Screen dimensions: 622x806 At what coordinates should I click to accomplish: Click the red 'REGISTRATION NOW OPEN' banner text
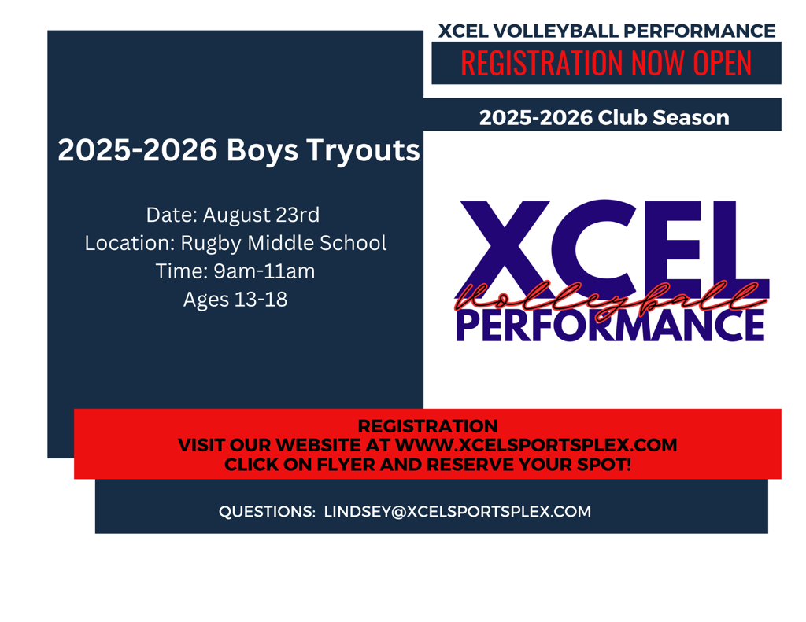pyautogui.click(x=605, y=63)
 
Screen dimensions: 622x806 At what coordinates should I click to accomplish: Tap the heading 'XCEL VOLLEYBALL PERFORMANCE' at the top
pyautogui.click(x=606, y=31)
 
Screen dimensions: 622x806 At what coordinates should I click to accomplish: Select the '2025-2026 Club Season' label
pyautogui.click(x=604, y=118)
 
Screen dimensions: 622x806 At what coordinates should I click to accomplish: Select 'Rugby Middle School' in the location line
pyautogui.click(x=283, y=243)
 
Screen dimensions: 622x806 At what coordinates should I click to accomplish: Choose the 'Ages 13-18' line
pyautogui.click(x=235, y=300)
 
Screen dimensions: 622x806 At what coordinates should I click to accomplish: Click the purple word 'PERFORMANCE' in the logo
pyautogui.click(x=610, y=326)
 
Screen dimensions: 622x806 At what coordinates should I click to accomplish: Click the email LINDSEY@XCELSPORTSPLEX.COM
pyautogui.click(x=457, y=512)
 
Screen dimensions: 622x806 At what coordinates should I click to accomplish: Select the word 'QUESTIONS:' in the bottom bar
pyautogui.click(x=267, y=512)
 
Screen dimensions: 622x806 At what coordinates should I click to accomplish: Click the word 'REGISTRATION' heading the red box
pyautogui.click(x=427, y=427)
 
